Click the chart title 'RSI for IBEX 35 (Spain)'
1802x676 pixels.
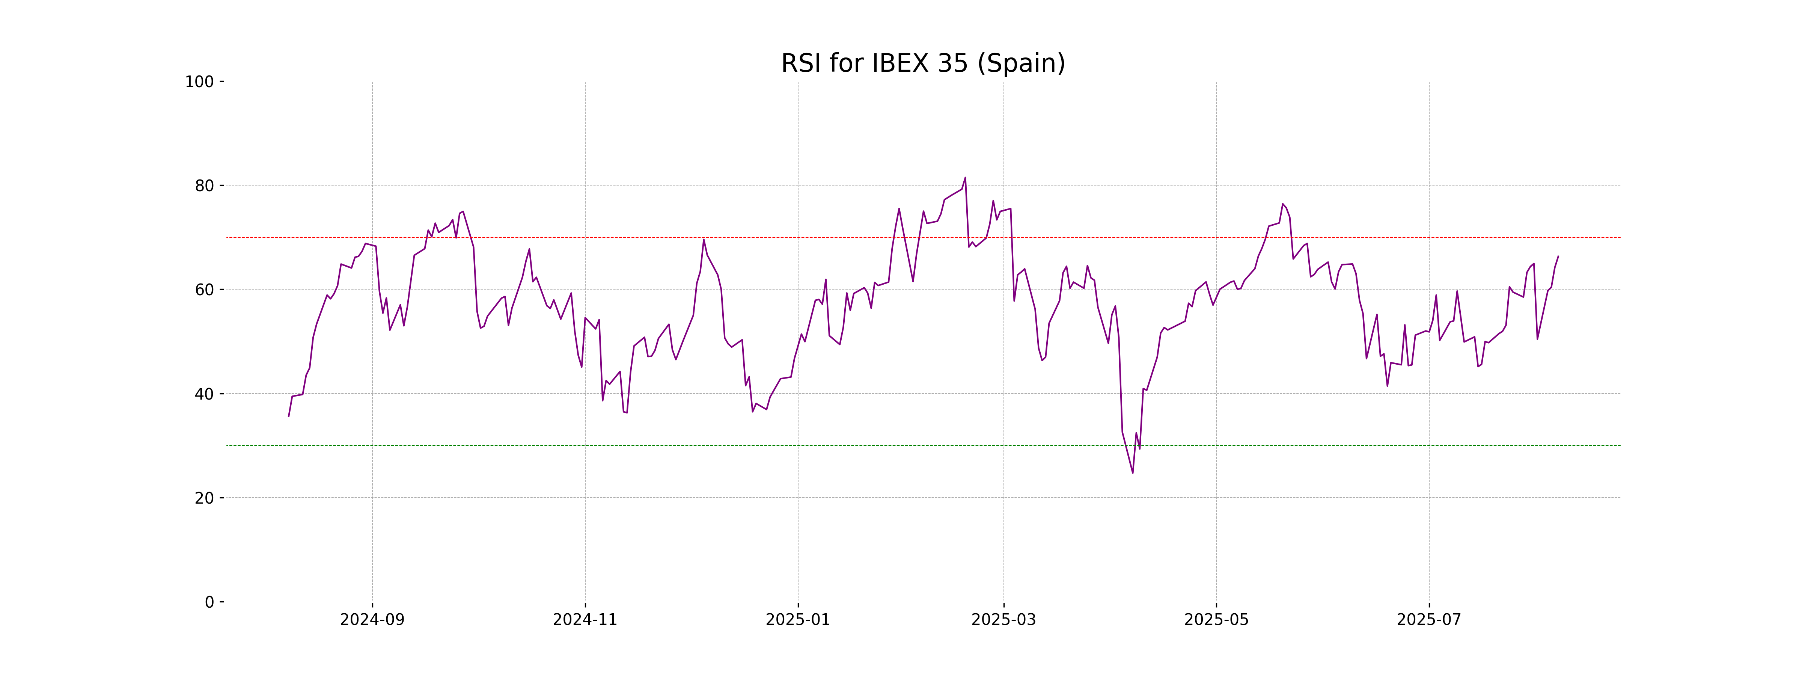point(923,64)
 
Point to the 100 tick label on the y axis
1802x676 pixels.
point(199,82)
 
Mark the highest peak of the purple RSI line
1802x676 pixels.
point(965,178)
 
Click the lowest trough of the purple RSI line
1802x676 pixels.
point(1133,473)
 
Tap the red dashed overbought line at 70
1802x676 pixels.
point(699,237)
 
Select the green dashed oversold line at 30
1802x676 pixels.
point(699,445)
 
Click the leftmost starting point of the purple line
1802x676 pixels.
point(289,416)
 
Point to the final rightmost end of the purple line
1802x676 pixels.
point(1558,256)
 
